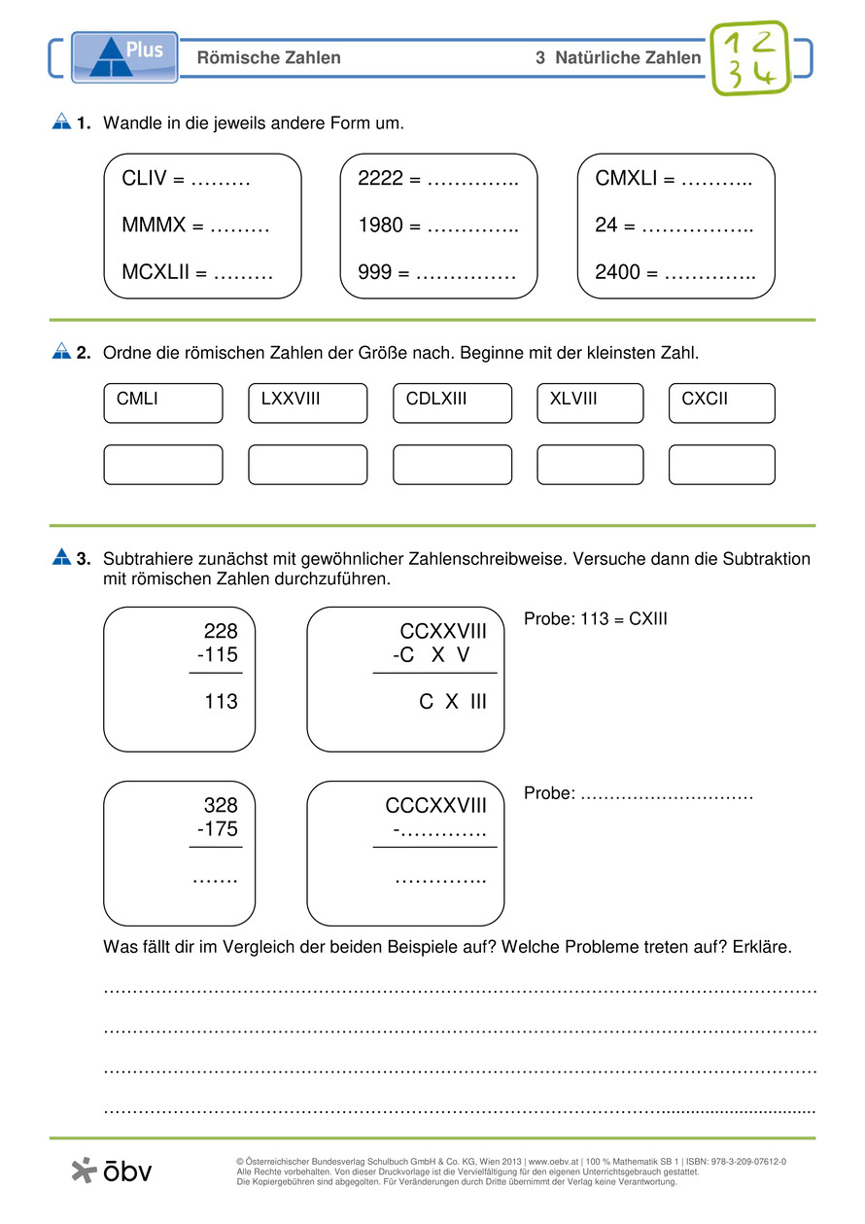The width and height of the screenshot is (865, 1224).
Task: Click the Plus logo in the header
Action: tap(124, 55)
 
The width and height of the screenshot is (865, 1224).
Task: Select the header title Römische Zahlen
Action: tap(268, 58)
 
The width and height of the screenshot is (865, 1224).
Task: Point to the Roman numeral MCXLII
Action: tap(156, 272)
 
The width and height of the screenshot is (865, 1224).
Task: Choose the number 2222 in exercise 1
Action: tap(379, 179)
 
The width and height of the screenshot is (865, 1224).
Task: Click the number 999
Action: tap(374, 272)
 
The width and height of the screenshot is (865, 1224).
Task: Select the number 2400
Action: tap(618, 272)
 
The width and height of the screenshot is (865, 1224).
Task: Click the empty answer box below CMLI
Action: tap(162, 465)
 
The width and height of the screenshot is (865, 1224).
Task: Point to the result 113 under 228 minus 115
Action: tap(221, 702)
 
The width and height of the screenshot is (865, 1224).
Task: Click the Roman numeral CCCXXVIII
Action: tap(435, 806)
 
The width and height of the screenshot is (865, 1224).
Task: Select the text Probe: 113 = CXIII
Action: tap(595, 619)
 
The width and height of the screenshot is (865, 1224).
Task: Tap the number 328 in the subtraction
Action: tap(221, 806)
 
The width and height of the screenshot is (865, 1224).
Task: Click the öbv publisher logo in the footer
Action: tap(112, 1171)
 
